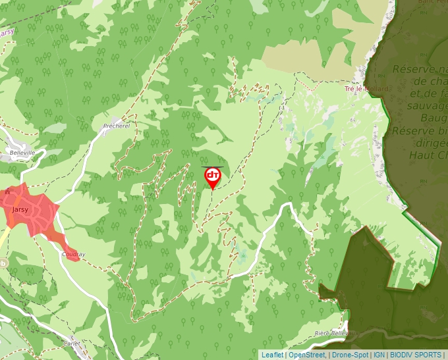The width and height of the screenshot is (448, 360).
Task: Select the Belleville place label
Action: pyautogui.click(x=17, y=153)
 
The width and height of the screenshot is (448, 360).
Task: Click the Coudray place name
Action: pyautogui.click(x=73, y=254)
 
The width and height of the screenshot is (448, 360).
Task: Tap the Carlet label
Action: pyautogui.click(x=72, y=344)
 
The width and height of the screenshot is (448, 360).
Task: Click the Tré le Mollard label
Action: pyautogui.click(x=367, y=88)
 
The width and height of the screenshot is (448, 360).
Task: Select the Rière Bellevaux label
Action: pyautogui.click(x=331, y=334)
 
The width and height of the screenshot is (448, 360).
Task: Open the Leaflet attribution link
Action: pyautogui.click(x=272, y=355)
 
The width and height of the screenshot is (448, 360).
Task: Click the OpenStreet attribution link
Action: pyautogui.click(x=307, y=355)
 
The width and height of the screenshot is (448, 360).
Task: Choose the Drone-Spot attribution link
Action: pyautogui.click(x=350, y=355)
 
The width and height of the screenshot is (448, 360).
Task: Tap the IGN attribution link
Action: pyautogui.click(x=379, y=355)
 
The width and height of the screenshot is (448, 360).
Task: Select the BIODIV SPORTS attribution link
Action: pyautogui.click(x=414, y=355)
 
